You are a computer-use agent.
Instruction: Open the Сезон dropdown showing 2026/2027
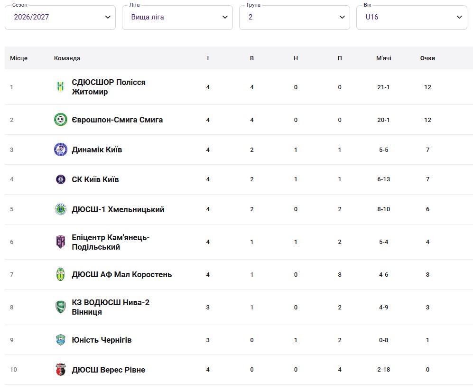60,17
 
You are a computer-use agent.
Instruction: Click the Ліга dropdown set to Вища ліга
177,17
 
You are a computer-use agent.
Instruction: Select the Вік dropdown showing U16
411,17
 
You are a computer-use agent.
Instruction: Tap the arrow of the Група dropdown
342,17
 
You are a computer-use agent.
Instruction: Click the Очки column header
427,58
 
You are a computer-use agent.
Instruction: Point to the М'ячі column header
383,58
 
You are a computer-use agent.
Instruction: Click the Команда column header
67,58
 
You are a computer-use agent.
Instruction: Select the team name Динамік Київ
97,149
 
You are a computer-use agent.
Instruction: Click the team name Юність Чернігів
102,340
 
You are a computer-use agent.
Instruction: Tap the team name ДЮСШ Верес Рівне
108,370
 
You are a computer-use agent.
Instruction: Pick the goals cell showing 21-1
383,87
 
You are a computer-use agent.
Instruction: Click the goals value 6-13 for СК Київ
383,179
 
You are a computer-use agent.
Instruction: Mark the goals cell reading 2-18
383,370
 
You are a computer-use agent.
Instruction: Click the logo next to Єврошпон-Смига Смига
61,120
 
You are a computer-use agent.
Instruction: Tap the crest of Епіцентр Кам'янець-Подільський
61,242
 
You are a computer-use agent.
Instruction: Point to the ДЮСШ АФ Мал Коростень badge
61,275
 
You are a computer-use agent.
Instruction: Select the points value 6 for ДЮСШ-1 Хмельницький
427,209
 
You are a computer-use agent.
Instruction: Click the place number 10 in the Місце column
14,370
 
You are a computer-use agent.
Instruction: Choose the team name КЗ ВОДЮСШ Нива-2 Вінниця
111,307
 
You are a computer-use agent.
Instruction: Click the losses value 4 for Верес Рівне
340,370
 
